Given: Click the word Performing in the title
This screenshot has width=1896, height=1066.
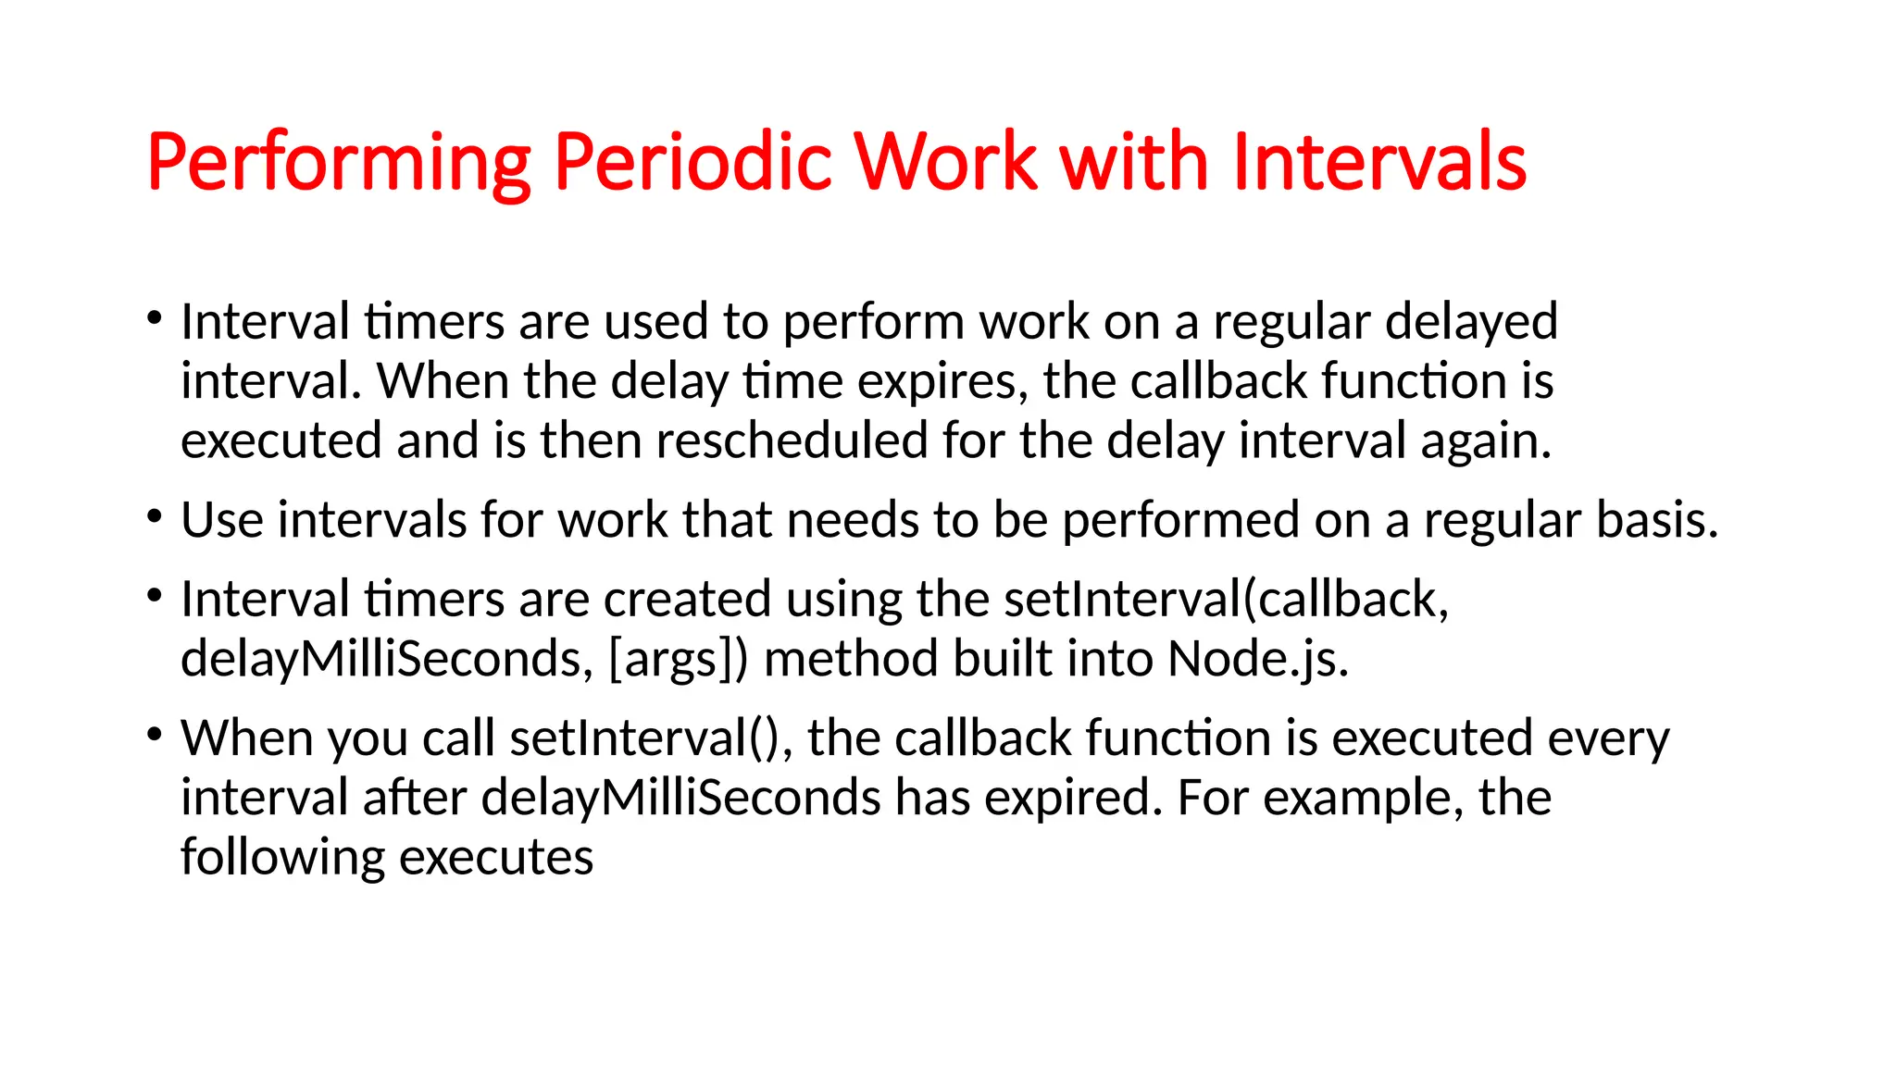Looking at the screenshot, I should [339, 164].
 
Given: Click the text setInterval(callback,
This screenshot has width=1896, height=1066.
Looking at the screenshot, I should [1226, 600].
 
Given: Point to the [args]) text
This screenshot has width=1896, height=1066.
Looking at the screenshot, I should [679, 660].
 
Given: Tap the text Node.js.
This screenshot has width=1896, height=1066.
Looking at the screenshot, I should [1258, 660].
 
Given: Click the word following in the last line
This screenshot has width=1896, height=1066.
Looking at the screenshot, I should [282, 858].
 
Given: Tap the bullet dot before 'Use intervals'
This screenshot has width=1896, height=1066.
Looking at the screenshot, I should [155, 517].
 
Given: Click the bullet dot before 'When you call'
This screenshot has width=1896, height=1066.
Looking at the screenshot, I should [155, 736].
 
